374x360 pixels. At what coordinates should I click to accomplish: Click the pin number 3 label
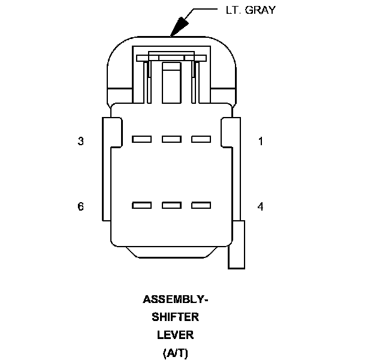click(80, 142)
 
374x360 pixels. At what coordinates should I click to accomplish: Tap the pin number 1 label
click(260, 142)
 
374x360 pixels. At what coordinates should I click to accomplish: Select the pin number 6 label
click(80, 206)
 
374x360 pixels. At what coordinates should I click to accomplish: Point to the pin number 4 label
click(260, 206)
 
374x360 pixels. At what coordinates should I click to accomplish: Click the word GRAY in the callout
click(260, 10)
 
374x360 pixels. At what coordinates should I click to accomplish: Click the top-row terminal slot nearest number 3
click(141, 139)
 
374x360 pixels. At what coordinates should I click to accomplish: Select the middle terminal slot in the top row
click(171, 139)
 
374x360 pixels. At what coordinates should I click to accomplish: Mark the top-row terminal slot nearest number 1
click(201, 139)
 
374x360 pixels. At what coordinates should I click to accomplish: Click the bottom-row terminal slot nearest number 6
click(141, 205)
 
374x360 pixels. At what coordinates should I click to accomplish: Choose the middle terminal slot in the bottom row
click(171, 205)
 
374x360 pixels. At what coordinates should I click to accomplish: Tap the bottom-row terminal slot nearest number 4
click(201, 205)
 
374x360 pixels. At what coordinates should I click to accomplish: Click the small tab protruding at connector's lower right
click(237, 244)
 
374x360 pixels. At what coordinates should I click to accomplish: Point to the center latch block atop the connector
click(171, 81)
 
